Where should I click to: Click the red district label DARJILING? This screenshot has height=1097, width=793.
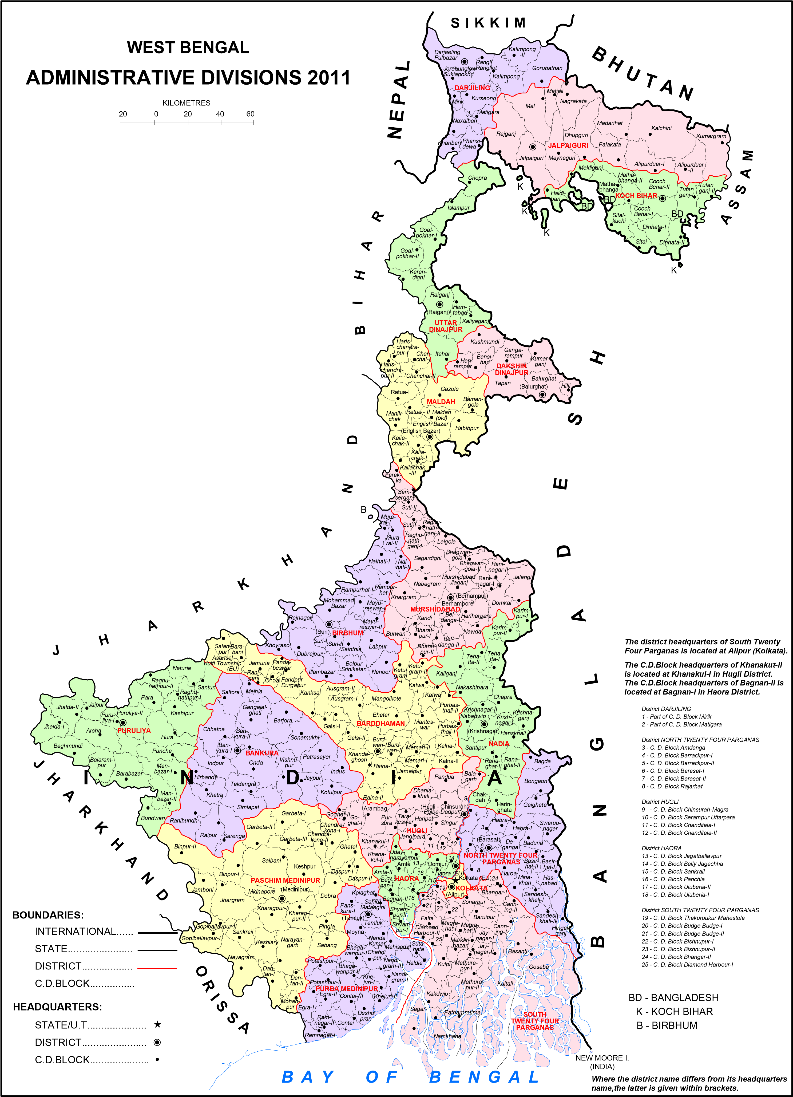point(472,88)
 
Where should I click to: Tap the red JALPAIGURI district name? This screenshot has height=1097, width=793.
point(568,145)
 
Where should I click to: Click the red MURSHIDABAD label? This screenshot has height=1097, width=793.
point(435,609)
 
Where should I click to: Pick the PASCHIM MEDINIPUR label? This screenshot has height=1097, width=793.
point(285,880)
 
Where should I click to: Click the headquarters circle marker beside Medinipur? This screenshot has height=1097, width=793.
point(282,898)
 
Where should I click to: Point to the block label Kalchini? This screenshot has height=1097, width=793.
point(661,128)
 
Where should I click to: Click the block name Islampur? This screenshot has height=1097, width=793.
point(458,208)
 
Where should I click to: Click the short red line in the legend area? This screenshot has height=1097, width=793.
point(157,968)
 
